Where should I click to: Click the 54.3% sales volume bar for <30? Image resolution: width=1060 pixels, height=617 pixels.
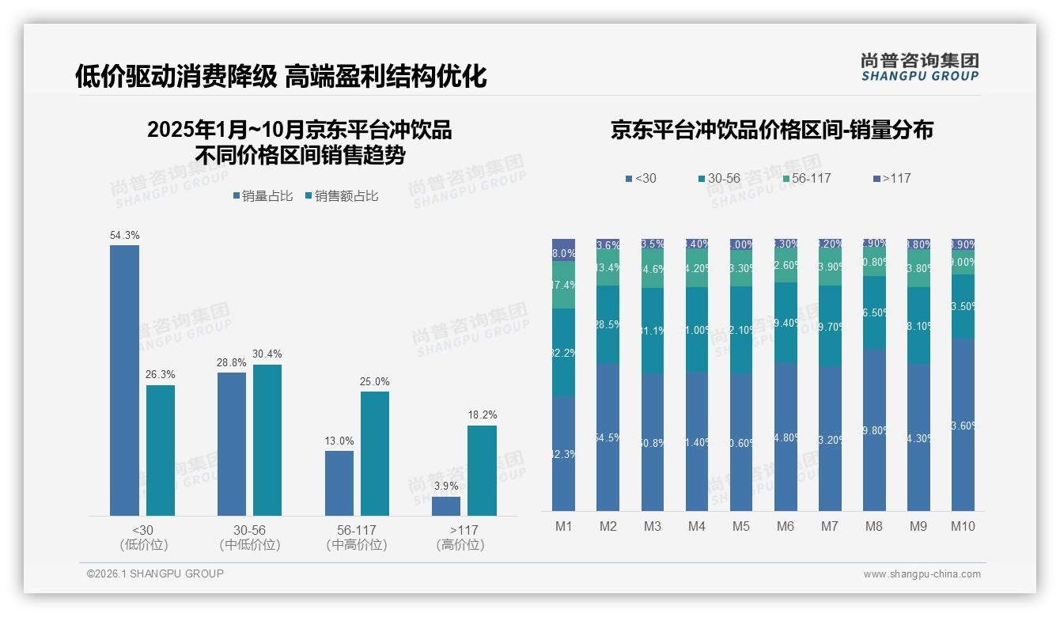coord(124,380)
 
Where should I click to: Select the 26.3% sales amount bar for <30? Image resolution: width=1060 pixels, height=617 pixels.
coord(161,450)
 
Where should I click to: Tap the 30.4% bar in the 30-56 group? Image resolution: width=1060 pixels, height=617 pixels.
coord(267,440)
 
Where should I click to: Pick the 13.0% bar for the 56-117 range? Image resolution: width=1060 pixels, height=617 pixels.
coord(339,483)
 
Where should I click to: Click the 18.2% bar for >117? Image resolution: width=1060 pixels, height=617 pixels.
coord(482,471)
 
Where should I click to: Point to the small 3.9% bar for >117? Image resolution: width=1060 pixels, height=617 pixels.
coord(446,506)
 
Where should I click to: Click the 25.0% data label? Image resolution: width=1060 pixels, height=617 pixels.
coord(375,382)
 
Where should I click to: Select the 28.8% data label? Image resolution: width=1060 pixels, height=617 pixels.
coord(231,362)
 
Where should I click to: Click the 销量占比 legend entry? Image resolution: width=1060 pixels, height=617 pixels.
coord(266,196)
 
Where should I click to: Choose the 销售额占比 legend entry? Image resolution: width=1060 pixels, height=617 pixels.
coord(341,196)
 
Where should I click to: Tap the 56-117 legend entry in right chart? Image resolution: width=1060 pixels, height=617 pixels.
coord(806,179)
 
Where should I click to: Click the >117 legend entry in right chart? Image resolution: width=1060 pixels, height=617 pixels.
coord(892,179)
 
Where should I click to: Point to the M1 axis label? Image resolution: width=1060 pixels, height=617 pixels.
coord(563,527)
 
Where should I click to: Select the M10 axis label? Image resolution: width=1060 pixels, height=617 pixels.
coord(962,527)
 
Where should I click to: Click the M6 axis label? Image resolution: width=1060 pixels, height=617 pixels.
coord(786,527)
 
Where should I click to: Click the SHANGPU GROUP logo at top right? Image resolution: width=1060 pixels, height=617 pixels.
coord(919,67)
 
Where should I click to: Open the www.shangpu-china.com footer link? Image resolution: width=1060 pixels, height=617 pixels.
coord(922,574)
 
